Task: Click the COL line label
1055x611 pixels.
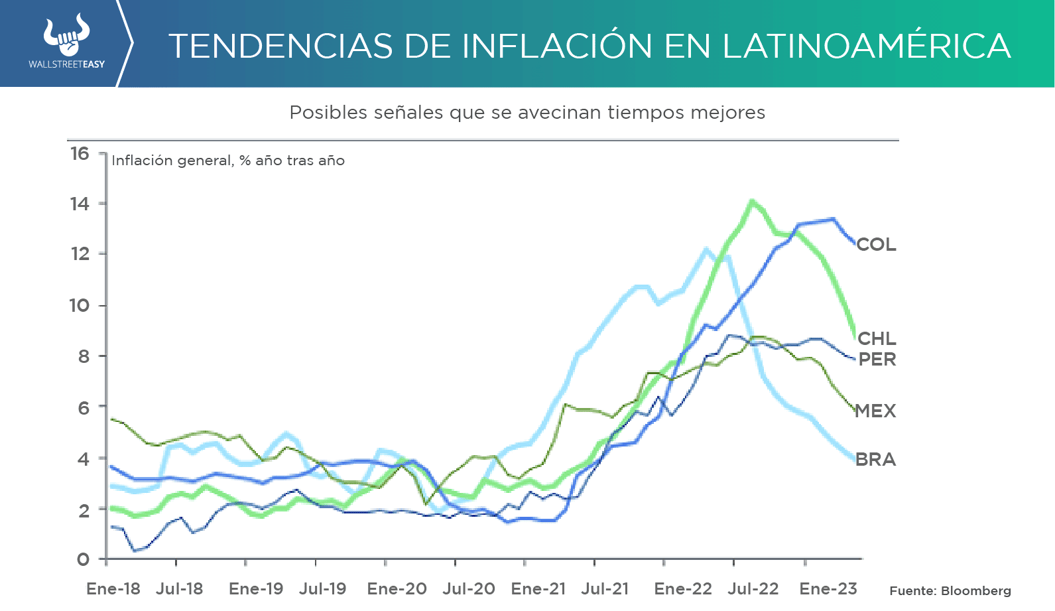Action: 876,245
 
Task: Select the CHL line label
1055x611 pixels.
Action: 877,339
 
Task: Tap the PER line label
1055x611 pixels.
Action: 877,360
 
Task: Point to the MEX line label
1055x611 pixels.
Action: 875,411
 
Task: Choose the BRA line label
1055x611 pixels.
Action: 875,460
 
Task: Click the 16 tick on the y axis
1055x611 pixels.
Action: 80,154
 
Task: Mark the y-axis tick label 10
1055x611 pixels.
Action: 80,306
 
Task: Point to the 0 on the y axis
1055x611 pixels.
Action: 83,560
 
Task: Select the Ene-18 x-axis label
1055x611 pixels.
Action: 113,589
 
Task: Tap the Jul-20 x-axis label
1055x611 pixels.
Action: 469,589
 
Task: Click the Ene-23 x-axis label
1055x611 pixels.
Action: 828,589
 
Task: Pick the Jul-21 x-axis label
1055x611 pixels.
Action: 605,589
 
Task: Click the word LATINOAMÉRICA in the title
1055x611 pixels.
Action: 866,46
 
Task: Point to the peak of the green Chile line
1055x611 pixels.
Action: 751,200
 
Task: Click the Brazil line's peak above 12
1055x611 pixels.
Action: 706,249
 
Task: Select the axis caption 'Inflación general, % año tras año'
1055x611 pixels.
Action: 228,161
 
